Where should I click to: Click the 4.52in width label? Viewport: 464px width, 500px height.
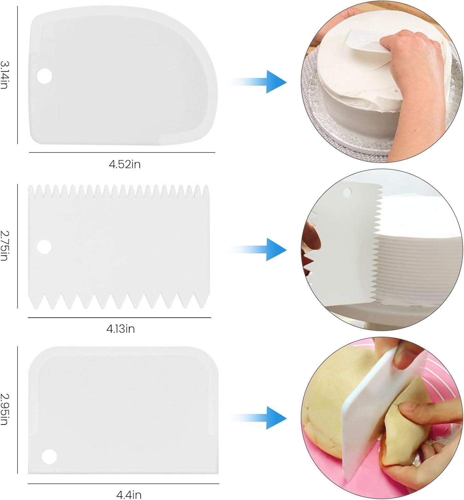click(x=125, y=164)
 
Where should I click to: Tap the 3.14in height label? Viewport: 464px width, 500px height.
click(x=4, y=75)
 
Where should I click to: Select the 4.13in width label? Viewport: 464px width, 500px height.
click(x=120, y=329)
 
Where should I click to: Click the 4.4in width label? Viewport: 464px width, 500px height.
click(x=129, y=495)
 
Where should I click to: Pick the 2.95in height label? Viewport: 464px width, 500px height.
click(x=4, y=409)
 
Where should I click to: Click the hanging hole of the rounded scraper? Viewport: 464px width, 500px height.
click(x=44, y=76)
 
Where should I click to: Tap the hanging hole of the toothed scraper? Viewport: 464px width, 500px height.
click(x=44, y=247)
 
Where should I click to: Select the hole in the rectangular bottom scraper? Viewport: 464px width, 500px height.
click(x=49, y=456)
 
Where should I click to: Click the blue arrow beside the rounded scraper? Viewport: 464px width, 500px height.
click(x=258, y=82)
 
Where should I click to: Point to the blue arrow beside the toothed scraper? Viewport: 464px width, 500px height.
click(x=258, y=249)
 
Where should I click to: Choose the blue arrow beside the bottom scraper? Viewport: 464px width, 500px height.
click(x=258, y=418)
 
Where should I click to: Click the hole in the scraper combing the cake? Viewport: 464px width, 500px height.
click(x=347, y=193)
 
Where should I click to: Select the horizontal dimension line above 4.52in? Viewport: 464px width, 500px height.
click(x=122, y=152)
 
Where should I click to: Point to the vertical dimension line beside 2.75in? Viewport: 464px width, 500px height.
click(x=17, y=246)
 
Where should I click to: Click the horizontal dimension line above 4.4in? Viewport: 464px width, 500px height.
click(x=123, y=484)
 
